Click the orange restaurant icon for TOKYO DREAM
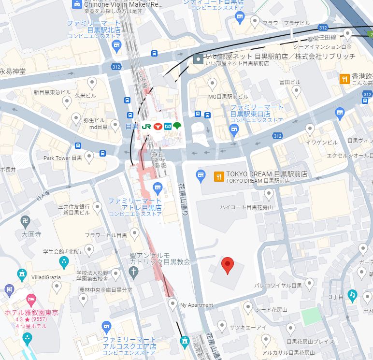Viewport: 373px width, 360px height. [219, 176]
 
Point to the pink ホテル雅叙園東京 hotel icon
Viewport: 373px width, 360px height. [31, 300]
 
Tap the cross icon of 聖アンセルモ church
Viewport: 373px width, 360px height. [133, 272]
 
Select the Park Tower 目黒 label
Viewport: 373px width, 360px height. [63, 158]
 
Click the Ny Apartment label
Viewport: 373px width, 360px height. [196, 305]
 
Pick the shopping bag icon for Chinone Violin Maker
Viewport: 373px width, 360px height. [77, 4]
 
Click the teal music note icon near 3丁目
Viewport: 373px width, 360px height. [353, 295]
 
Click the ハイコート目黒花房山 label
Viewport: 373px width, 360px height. [246, 207]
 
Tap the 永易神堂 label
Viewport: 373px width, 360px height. [13, 72]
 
